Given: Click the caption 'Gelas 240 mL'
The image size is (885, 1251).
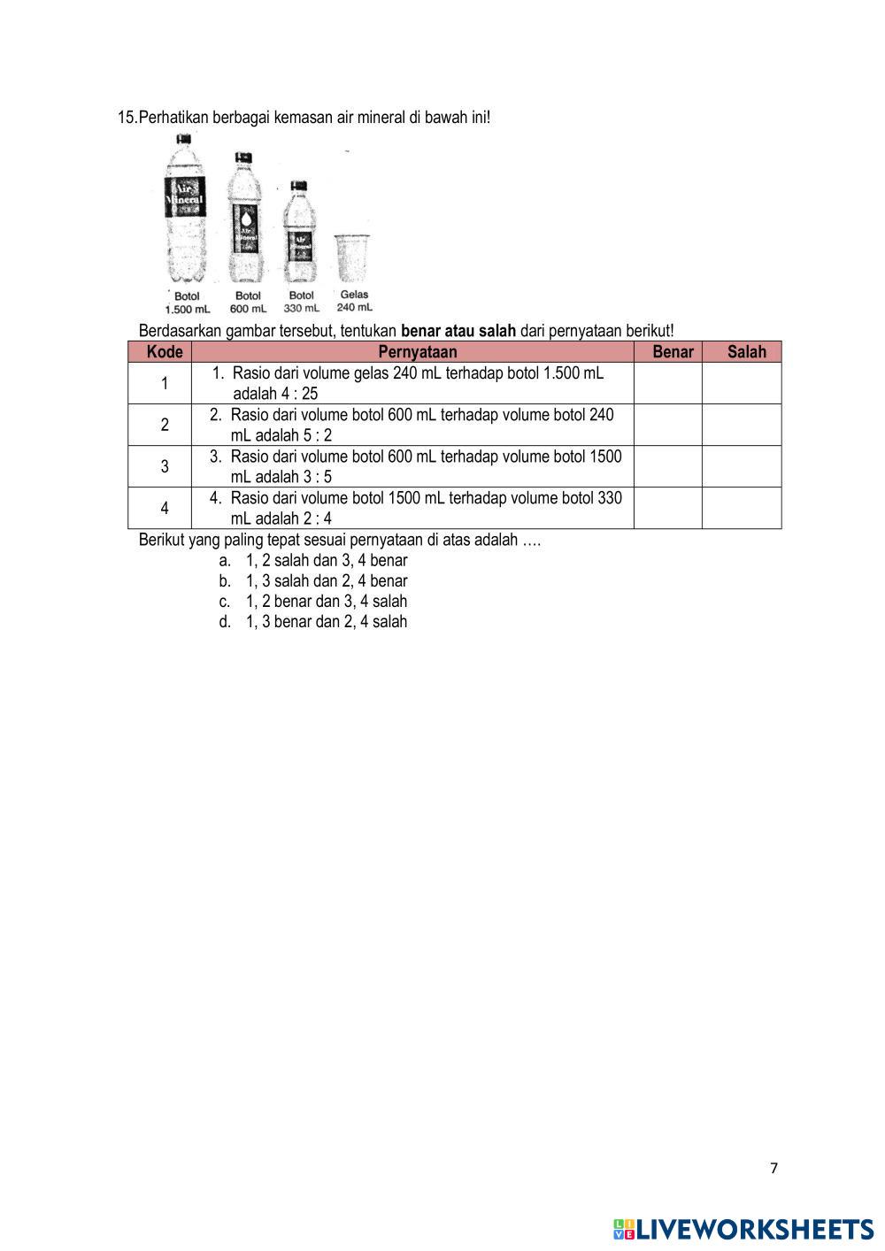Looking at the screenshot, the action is pyautogui.click(x=354, y=301).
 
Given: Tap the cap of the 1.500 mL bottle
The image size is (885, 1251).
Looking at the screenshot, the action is pyautogui.click(x=184, y=140).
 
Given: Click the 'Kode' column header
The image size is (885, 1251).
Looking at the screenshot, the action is pyautogui.click(x=165, y=352).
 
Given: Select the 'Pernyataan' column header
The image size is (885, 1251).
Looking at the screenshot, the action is pyautogui.click(x=412, y=352).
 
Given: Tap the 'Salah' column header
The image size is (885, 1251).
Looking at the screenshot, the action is pyautogui.click(x=746, y=352).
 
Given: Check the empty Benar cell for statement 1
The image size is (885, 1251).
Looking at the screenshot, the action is pyautogui.click(x=668, y=383).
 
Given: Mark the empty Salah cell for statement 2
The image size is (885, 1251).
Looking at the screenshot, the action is pyautogui.click(x=742, y=425).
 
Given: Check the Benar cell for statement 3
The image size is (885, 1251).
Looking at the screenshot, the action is pyautogui.click(x=668, y=466).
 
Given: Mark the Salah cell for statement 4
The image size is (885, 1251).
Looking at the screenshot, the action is pyautogui.click(x=742, y=508).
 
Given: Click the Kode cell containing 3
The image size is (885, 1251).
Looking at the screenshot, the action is pyautogui.click(x=165, y=466).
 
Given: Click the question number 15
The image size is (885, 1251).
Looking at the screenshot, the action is pyautogui.click(x=127, y=117).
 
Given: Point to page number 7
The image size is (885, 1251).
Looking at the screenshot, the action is pyautogui.click(x=774, y=1168).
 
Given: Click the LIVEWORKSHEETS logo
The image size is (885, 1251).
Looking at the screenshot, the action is pyautogui.click(x=743, y=1229).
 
